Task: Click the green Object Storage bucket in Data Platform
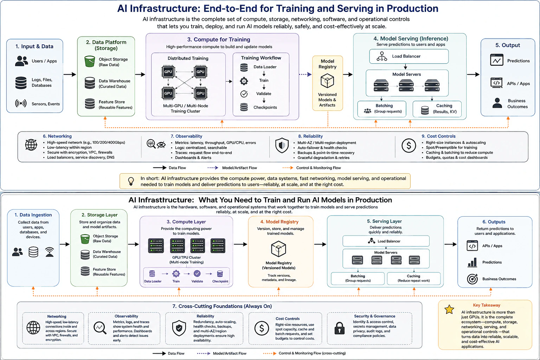(x=89, y=61)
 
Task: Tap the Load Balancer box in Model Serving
(x=409, y=56)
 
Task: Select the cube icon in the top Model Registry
(x=327, y=81)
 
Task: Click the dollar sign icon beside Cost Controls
(x=409, y=146)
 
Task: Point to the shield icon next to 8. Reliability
(x=282, y=146)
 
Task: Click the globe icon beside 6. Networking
(x=31, y=145)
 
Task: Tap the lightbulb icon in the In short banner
(x=131, y=181)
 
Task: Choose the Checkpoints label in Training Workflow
(x=265, y=107)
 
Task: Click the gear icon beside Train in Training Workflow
(x=244, y=81)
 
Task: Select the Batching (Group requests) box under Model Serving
(x=381, y=109)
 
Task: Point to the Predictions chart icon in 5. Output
(x=497, y=60)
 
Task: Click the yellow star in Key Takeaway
(x=449, y=309)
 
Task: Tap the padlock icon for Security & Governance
(x=339, y=328)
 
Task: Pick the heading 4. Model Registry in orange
(x=279, y=221)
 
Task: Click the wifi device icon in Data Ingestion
(x=50, y=252)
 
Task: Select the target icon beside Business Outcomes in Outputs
(x=472, y=279)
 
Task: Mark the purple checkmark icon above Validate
(x=197, y=274)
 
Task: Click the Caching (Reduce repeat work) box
(x=414, y=278)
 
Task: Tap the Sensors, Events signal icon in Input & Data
(x=21, y=103)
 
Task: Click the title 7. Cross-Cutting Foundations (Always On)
(x=222, y=306)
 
